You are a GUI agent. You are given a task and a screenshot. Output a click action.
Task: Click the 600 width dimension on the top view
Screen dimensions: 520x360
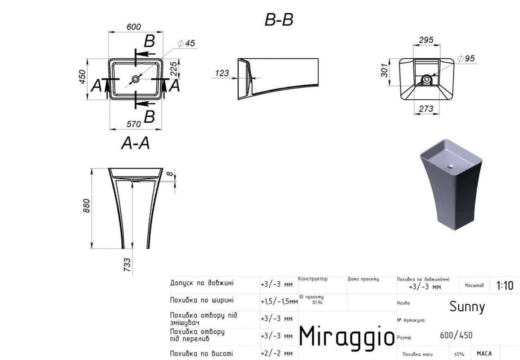(x=134, y=27)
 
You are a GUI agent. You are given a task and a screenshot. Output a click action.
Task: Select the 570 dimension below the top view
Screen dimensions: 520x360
(x=134, y=124)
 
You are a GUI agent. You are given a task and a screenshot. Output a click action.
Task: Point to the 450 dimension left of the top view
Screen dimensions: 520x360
(x=82, y=77)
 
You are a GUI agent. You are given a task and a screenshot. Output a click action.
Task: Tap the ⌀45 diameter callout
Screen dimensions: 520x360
(x=186, y=43)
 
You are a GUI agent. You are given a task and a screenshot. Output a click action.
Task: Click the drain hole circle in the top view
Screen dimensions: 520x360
(x=136, y=79)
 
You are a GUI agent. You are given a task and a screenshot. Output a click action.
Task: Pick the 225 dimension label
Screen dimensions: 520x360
(x=174, y=69)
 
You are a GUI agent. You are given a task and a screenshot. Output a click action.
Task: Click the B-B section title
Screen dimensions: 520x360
(x=279, y=20)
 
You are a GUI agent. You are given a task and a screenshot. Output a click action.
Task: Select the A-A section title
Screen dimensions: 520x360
(x=136, y=143)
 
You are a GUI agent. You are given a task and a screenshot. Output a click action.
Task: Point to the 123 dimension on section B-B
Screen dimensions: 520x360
(x=222, y=73)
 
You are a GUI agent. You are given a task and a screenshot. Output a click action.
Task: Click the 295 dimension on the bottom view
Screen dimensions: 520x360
(x=426, y=40)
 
